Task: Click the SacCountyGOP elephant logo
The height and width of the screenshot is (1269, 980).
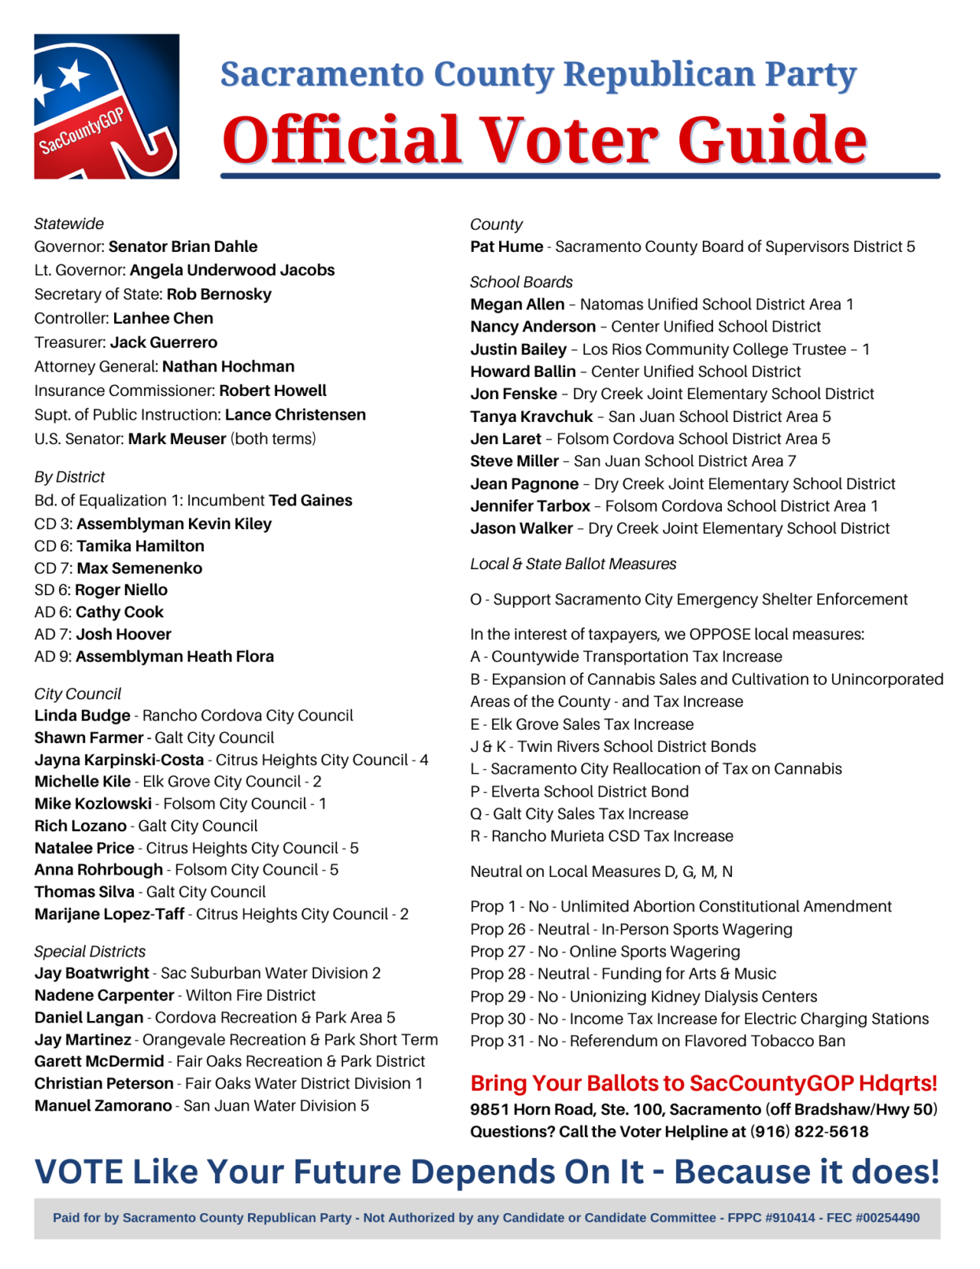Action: coord(106,106)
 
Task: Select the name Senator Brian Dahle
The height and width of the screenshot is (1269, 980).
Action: coord(183,247)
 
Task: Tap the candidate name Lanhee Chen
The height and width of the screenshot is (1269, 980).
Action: coord(163,319)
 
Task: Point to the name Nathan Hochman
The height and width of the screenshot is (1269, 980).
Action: coord(228,367)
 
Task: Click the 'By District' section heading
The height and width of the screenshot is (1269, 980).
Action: coord(70,477)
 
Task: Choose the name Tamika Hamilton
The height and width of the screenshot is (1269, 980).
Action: coord(140,546)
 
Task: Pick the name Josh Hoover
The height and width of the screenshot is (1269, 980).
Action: coord(123,634)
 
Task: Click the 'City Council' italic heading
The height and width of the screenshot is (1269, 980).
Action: coord(77,694)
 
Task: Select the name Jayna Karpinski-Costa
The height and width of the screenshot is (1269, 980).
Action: coord(119,760)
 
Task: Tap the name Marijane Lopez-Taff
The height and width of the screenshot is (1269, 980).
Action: coord(109,914)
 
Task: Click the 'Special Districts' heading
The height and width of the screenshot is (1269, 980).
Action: coord(90,951)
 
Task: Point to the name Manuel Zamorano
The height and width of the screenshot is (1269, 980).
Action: coord(103,1106)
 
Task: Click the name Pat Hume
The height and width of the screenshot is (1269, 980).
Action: coord(506,247)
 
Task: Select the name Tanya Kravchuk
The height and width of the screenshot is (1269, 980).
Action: coord(531,417)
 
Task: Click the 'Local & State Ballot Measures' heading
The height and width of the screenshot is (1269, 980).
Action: coord(573,564)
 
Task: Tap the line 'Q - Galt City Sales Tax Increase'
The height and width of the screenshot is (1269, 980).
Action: coord(579,814)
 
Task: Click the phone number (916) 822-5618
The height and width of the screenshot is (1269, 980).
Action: coord(808,1132)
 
